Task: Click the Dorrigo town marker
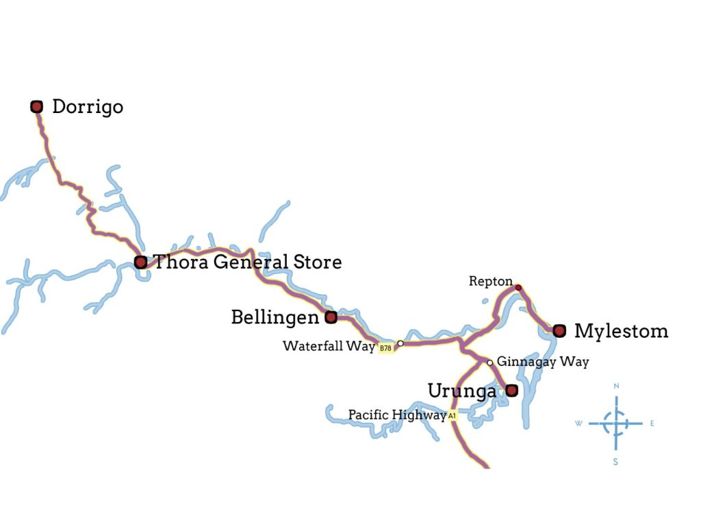coord(37,106)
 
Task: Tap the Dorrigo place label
coord(88,107)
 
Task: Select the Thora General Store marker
coord(140,262)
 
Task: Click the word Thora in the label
coord(179,262)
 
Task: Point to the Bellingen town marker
coord(331,317)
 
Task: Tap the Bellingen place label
coord(275,317)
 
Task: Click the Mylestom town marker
coord(559,331)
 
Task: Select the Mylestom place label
coord(621,331)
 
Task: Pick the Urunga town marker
coord(511,391)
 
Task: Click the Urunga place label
coord(461,391)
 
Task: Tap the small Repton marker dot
coord(518,287)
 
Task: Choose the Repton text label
coord(490,281)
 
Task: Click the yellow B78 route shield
coord(386,348)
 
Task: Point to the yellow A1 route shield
coord(452,415)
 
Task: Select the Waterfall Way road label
coord(329,346)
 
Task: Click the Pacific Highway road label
coord(397,415)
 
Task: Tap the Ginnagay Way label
coord(542,361)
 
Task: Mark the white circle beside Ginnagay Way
coord(489,362)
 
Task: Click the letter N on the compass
coord(616,386)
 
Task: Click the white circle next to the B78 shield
coord(400,343)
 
